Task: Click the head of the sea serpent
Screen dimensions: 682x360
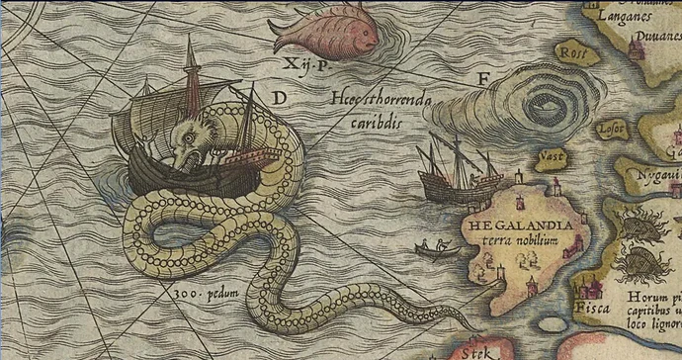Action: click(190, 137)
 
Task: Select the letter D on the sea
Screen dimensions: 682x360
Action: click(280, 97)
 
